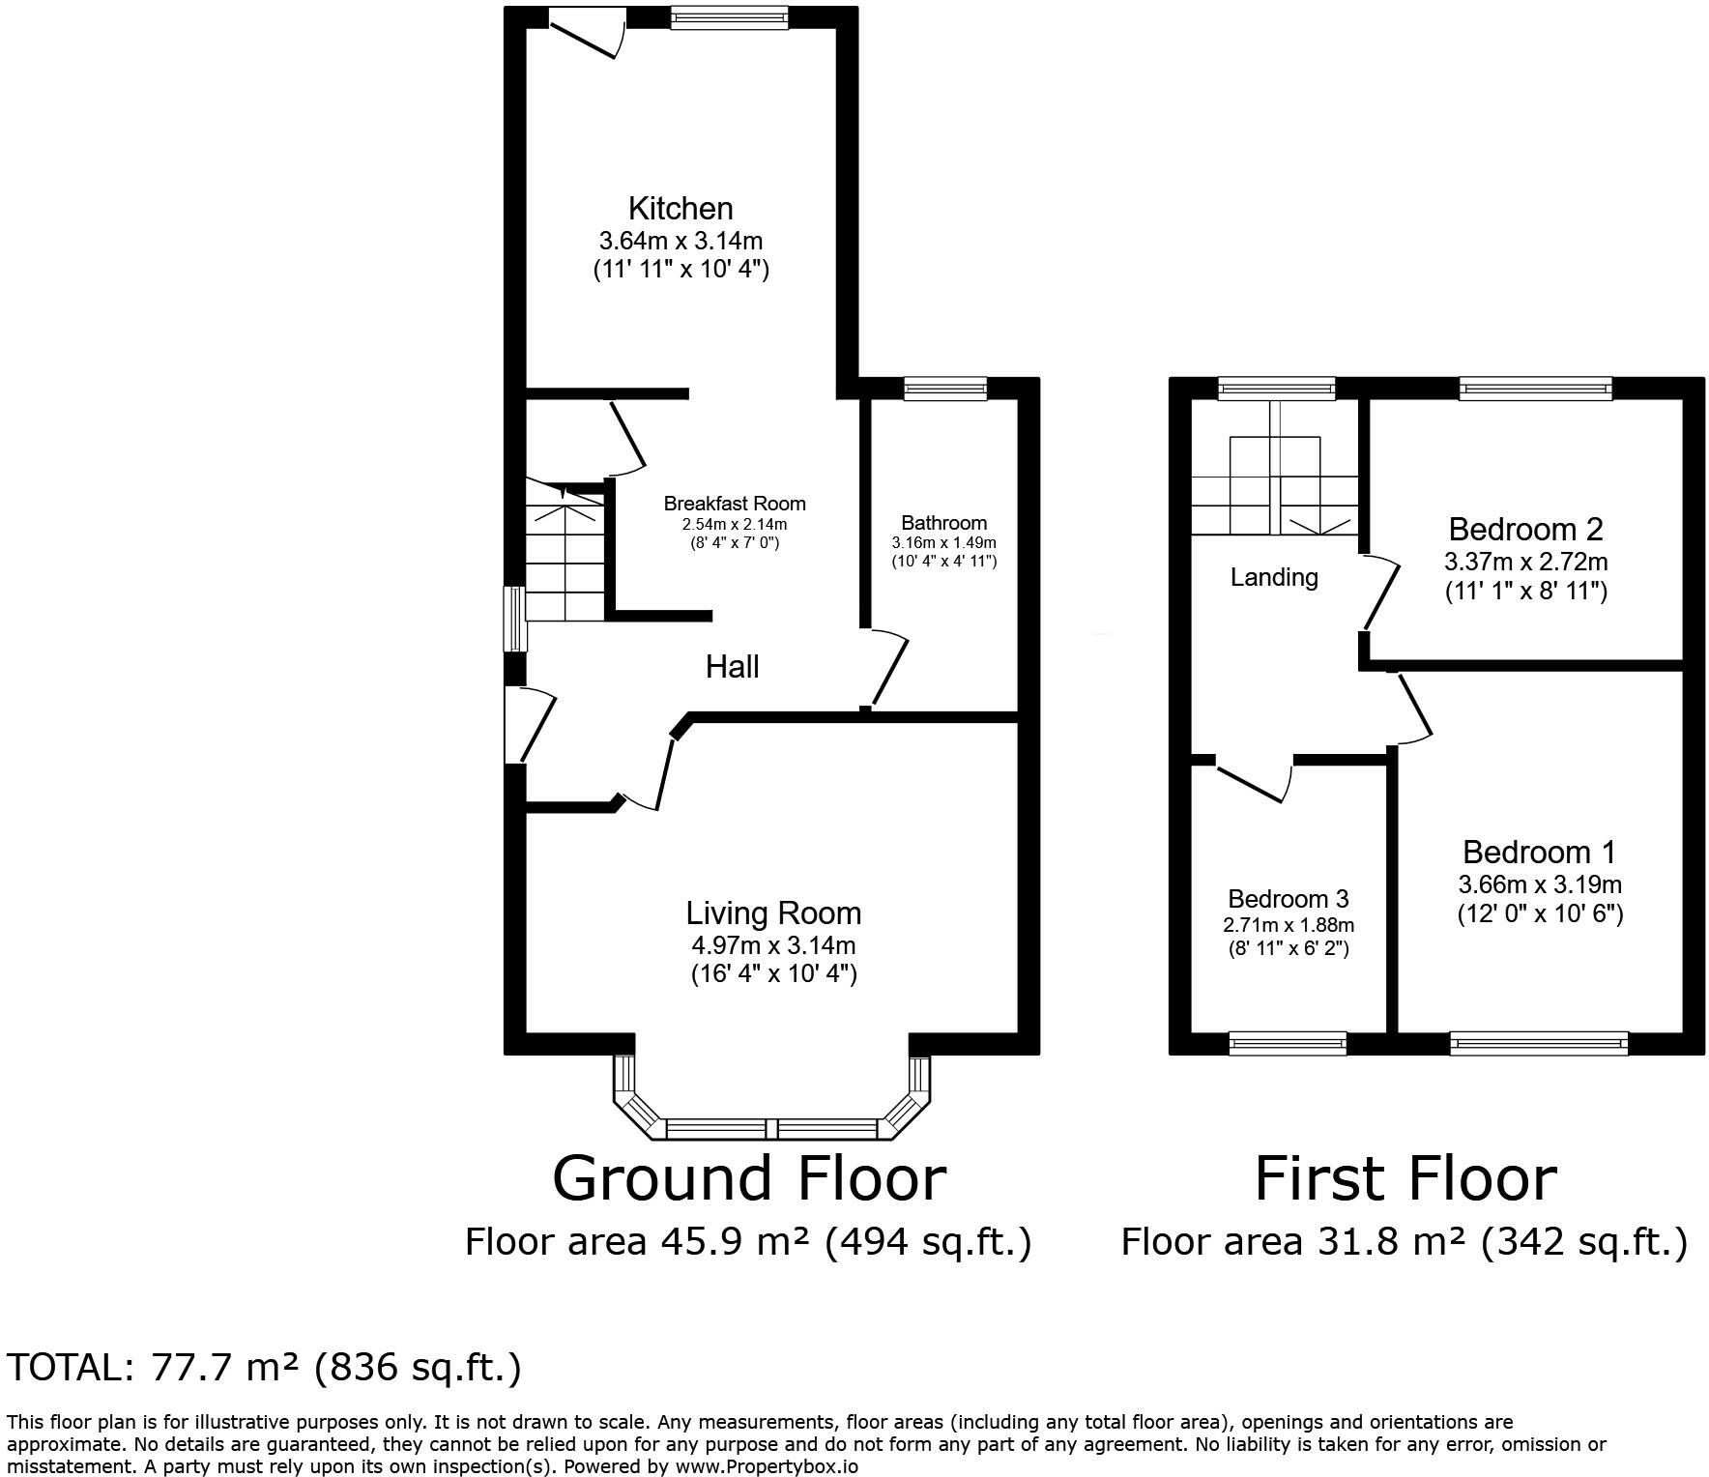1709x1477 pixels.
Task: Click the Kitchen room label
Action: point(681,208)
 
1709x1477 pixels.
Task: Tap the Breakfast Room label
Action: point(735,504)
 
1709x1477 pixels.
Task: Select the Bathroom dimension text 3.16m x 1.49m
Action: point(943,542)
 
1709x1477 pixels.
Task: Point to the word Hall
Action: point(732,667)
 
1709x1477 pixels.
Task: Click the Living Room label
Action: point(773,913)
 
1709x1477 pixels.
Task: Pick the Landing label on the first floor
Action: point(1274,578)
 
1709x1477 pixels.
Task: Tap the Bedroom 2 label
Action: point(1526,530)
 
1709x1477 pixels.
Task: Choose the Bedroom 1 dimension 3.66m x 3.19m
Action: point(1540,884)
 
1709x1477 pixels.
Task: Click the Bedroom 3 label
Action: point(1289,900)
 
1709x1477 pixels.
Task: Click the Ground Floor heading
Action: point(749,1178)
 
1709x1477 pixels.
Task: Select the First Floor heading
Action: point(1405,1178)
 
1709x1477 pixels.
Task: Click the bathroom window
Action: point(945,389)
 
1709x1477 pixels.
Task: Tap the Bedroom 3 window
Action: point(1288,1043)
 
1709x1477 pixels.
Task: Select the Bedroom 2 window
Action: point(1537,389)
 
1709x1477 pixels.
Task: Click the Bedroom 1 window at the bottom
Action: point(1539,1043)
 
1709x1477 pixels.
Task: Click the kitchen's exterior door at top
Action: point(587,34)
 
